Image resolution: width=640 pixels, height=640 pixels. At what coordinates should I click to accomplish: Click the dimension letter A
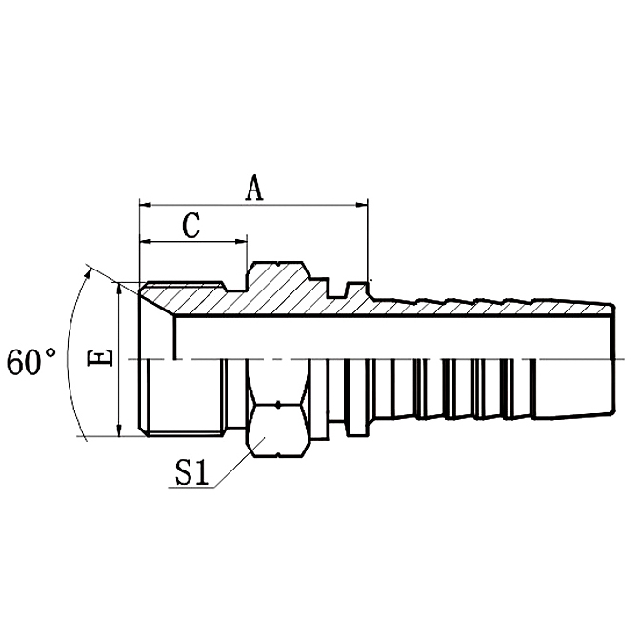(x=253, y=189)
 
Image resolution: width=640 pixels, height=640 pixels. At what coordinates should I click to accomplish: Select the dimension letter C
(x=191, y=226)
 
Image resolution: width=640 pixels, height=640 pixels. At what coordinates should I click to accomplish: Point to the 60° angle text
(x=31, y=362)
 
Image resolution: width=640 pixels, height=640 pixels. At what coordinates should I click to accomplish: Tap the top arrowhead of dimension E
(x=119, y=288)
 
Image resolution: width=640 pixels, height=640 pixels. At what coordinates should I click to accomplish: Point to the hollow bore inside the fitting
(x=381, y=338)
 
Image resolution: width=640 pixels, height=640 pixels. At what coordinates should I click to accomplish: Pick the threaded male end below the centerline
(x=186, y=400)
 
